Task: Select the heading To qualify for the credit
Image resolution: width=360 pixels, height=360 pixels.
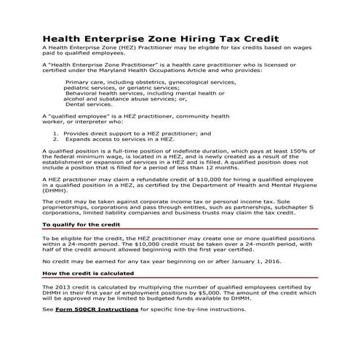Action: [x=81, y=225]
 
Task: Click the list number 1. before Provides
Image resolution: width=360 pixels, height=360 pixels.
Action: [x=56, y=133]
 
